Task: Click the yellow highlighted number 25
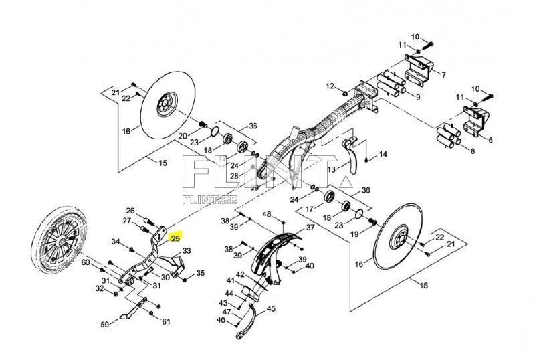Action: (175, 238)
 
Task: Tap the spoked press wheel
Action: (60, 240)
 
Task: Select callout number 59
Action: (105, 324)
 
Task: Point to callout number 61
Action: (166, 321)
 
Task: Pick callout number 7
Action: (443, 74)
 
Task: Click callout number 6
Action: (490, 140)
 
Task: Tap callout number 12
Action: (330, 86)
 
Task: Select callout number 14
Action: (383, 154)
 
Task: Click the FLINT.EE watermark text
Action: (210, 200)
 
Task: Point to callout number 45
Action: (271, 308)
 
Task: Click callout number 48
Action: (267, 214)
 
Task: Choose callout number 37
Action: (310, 227)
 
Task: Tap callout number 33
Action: (187, 251)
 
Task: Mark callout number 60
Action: (86, 262)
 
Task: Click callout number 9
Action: (417, 96)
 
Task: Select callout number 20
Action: (183, 136)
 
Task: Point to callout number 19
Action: (354, 234)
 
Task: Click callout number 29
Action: (255, 187)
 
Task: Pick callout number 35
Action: (200, 273)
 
